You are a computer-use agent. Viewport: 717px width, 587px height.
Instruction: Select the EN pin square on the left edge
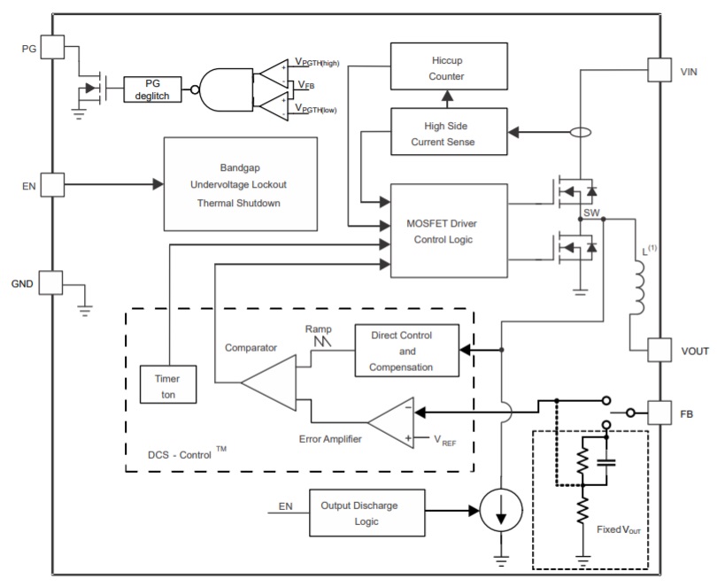[52, 184]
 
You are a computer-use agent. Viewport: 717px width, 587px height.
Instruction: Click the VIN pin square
[660, 69]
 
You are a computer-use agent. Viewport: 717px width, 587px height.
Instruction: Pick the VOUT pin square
[660, 351]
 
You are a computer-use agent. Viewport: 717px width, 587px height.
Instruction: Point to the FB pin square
[660, 413]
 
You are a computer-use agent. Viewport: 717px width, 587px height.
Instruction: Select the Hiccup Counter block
[448, 69]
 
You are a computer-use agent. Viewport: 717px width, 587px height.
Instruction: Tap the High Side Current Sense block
[448, 133]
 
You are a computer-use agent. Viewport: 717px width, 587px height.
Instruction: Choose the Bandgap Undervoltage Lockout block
[240, 184]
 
